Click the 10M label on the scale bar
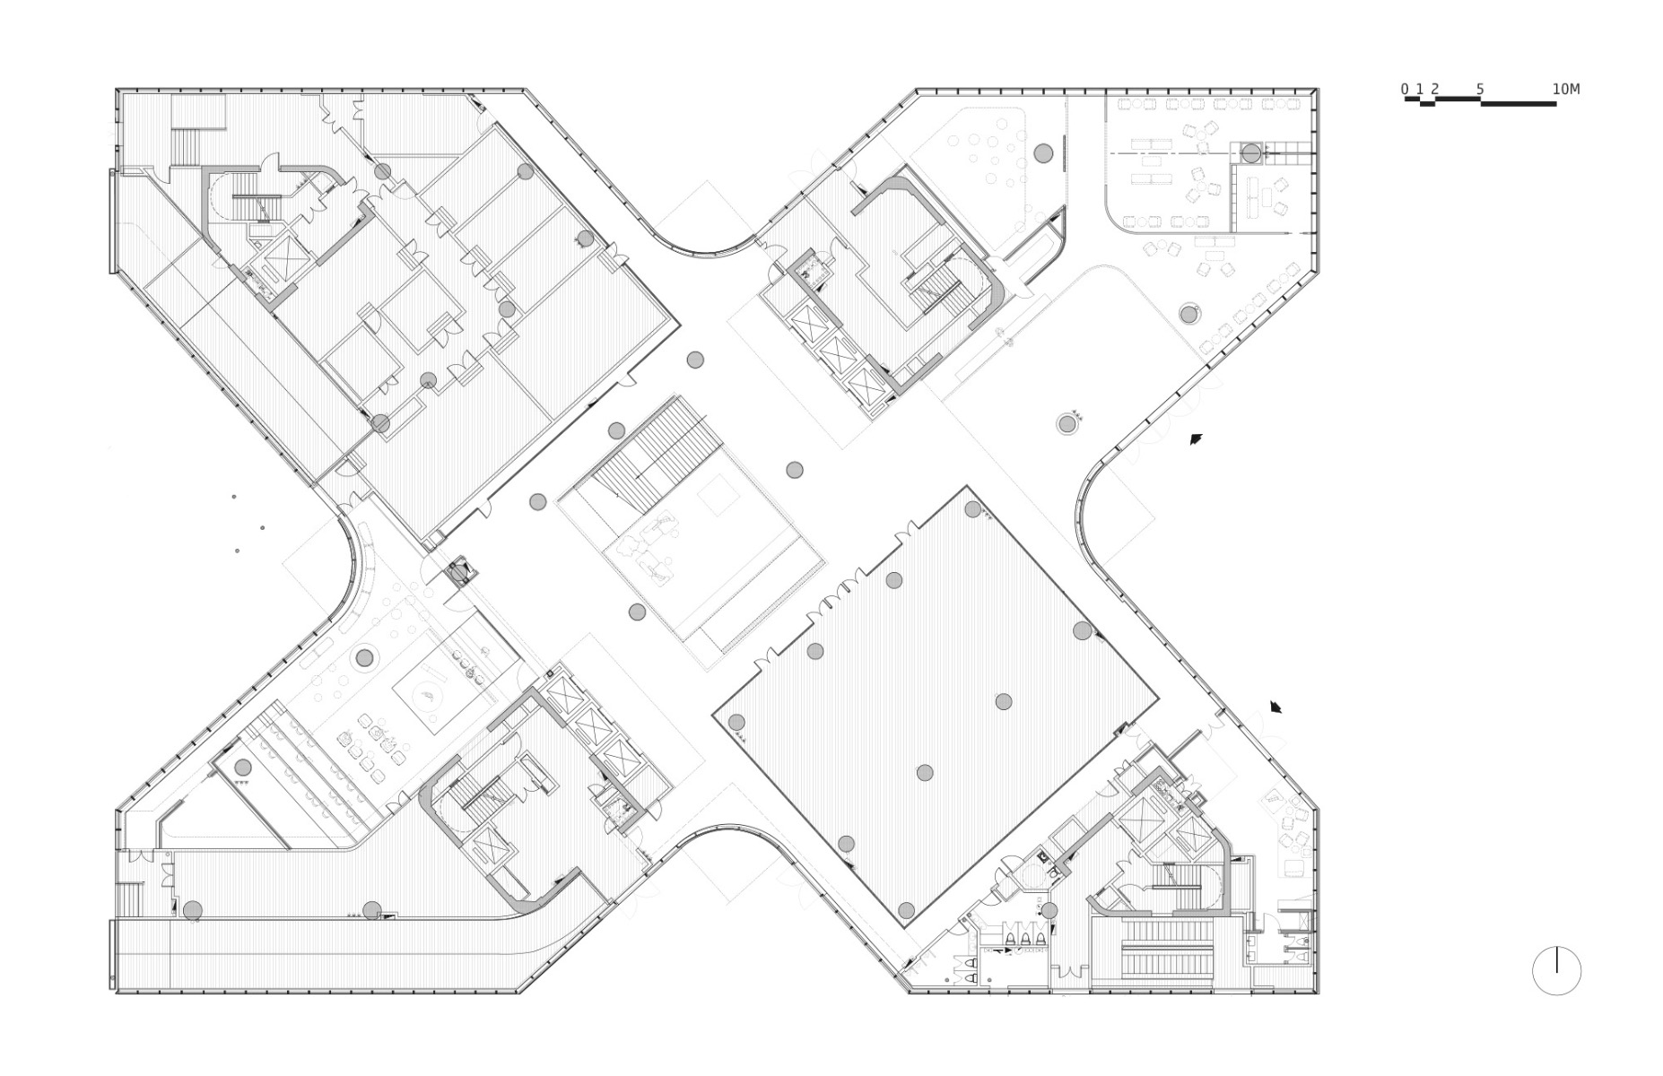pyautogui.click(x=1565, y=89)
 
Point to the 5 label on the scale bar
pyautogui.click(x=1480, y=89)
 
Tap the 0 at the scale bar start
pyautogui.click(x=1405, y=89)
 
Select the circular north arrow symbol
pyautogui.click(x=1556, y=970)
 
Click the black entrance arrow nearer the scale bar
pyautogui.click(x=1195, y=439)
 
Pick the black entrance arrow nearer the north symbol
pyautogui.click(x=1276, y=707)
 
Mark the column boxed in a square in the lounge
pyautogui.click(x=1251, y=153)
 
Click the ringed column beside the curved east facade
pyautogui.click(x=1067, y=423)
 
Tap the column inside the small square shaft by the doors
pyautogui.click(x=459, y=571)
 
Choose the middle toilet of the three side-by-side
pyautogui.click(x=1024, y=939)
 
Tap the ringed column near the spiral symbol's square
pyautogui.click(x=363, y=658)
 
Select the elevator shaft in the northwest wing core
pyautogui.click(x=286, y=256)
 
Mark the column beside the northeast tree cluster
pyautogui.click(x=1042, y=153)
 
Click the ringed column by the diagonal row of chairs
pyautogui.click(x=1188, y=314)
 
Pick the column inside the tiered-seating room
pyautogui.click(x=243, y=768)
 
